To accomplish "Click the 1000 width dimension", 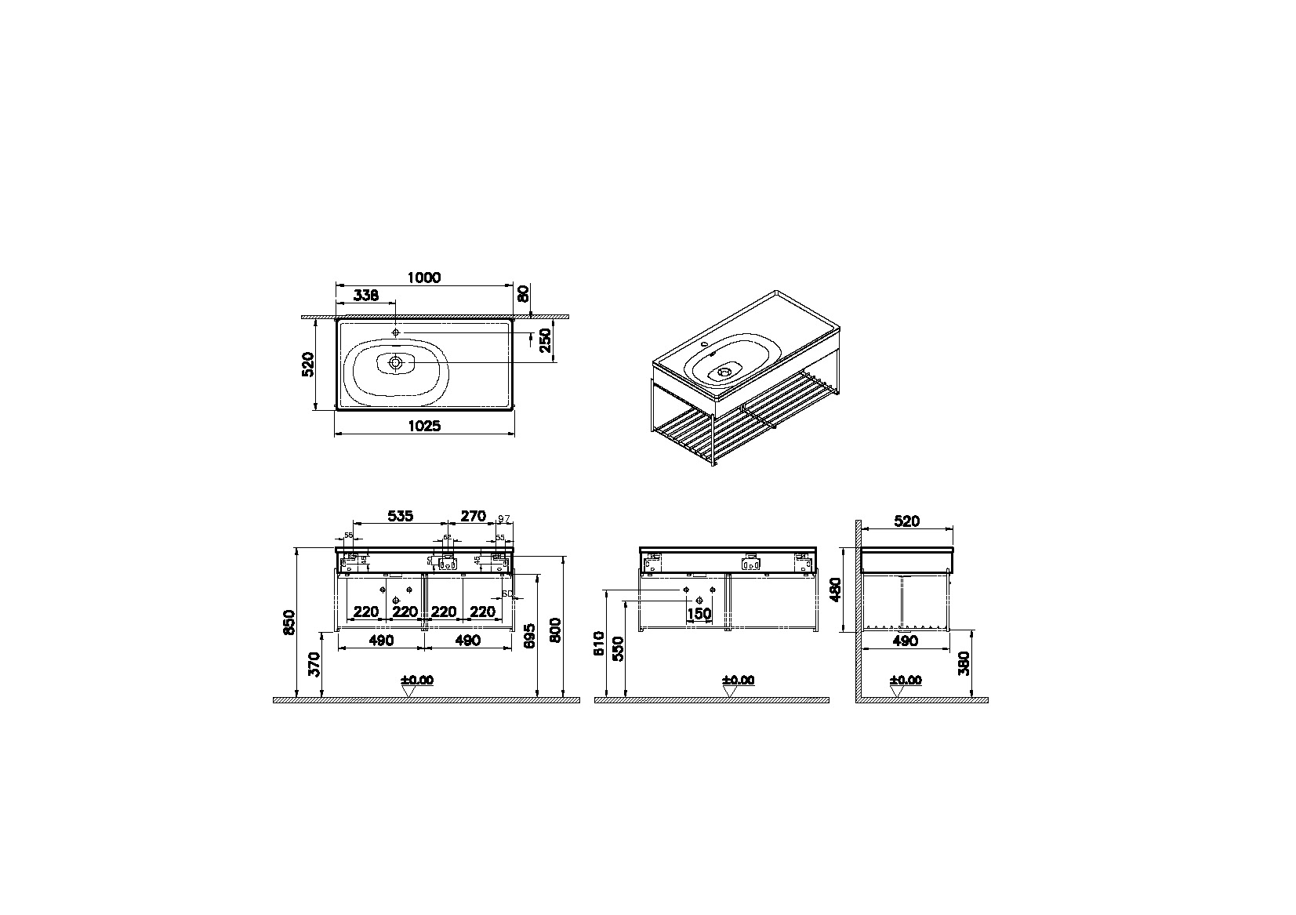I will (x=424, y=277).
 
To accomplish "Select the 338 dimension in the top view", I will (x=366, y=296).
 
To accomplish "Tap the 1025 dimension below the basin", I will (x=424, y=426).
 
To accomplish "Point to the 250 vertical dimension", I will (x=546, y=341).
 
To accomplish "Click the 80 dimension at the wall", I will (x=524, y=295).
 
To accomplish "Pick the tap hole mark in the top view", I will (x=396, y=332).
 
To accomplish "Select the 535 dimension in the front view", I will (x=400, y=516).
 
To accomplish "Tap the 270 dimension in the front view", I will (x=473, y=516).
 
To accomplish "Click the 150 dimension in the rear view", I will (x=699, y=613).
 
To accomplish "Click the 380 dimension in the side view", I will (x=964, y=663).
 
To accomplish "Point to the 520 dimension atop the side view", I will (x=906, y=521).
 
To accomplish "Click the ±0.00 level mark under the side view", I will (x=906, y=680).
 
